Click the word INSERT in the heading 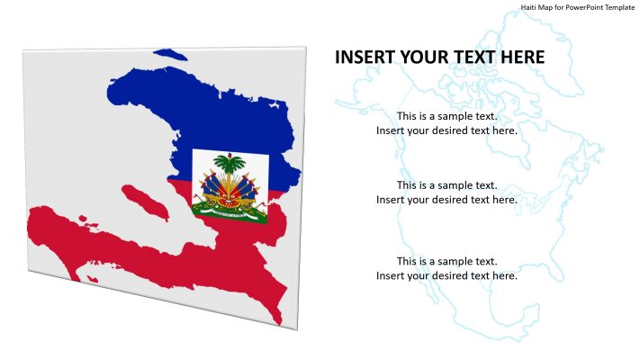[x=362, y=58]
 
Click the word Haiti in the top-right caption [x=528, y=7]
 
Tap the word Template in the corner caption [x=620, y=7]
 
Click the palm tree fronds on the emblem [x=230, y=164]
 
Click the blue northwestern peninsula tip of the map [x=112, y=92]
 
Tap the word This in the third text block [x=406, y=261]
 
